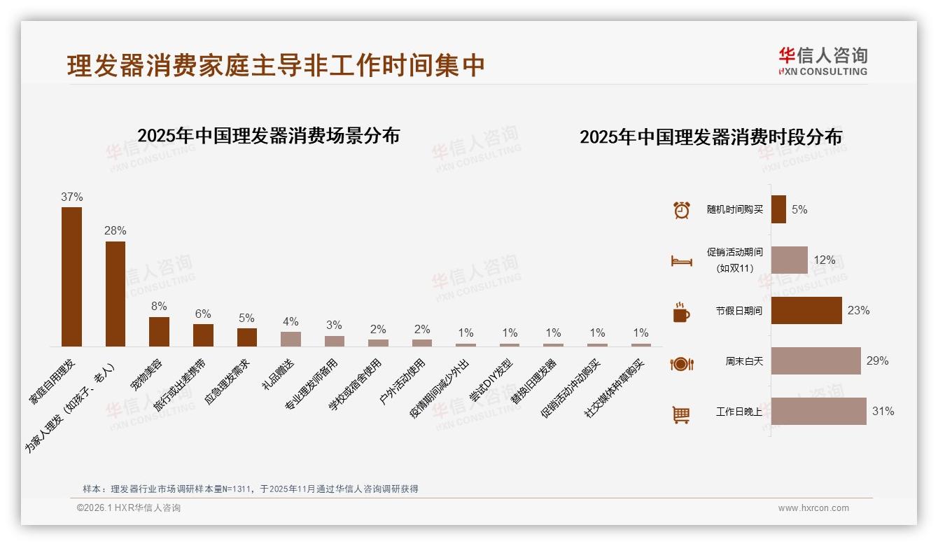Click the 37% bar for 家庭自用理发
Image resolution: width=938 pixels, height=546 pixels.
[71, 276]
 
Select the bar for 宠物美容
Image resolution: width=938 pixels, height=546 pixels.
[159, 332]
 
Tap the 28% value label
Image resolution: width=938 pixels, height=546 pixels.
[115, 230]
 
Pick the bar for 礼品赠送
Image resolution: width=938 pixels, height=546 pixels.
[290, 339]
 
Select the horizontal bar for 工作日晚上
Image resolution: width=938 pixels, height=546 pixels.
[818, 412]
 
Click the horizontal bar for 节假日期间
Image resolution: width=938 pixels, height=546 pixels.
[806, 311]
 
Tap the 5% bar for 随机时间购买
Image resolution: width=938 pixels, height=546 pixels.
[778, 209]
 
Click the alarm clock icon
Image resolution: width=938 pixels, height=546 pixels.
[681, 210]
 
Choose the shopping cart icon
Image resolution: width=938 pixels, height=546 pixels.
[681, 414]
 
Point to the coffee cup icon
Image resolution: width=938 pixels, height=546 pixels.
[681, 312]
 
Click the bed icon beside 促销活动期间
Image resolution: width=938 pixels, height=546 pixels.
[681, 261]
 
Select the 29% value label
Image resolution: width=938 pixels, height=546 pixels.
[877, 361]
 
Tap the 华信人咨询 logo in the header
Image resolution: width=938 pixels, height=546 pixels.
[822, 61]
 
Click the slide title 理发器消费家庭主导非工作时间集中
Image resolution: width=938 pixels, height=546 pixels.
[276, 66]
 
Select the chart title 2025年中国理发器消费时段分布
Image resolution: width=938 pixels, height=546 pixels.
[710, 136]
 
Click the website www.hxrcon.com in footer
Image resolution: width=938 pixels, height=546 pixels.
[813, 508]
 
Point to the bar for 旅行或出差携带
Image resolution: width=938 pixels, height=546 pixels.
[203, 335]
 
